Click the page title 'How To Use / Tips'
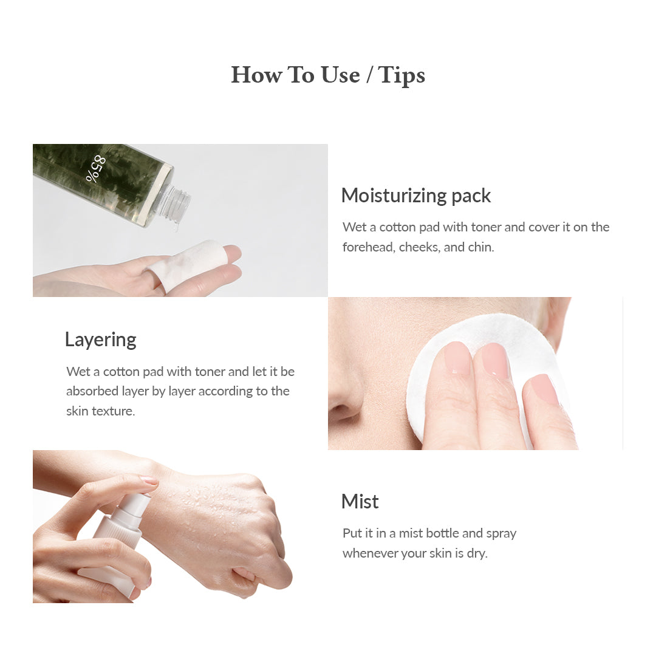[328, 75]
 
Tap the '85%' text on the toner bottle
[95, 169]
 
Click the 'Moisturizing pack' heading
[416, 196]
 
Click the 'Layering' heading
[101, 340]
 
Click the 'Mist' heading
[360, 502]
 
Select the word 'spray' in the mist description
[501, 534]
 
